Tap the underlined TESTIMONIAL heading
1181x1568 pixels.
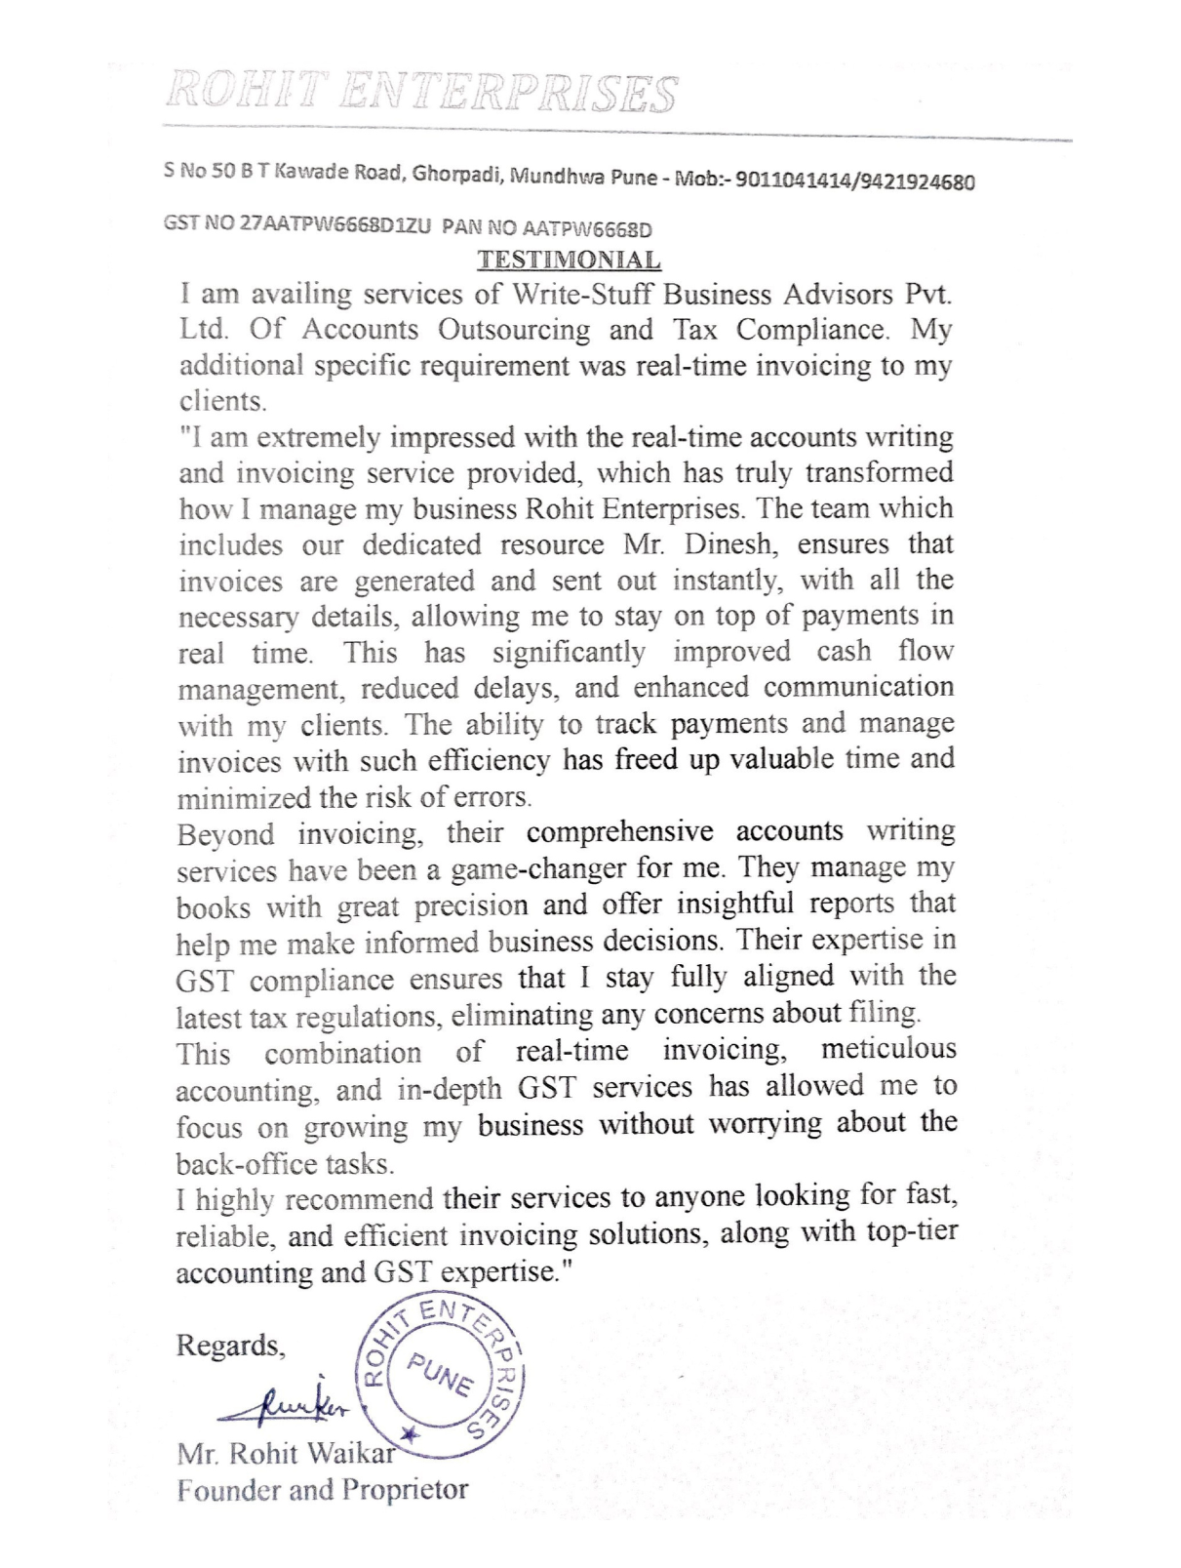(569, 261)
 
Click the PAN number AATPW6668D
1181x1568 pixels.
(587, 229)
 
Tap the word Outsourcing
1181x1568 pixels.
(514, 330)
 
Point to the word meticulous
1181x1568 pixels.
(888, 1050)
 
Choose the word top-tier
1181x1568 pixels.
(912, 1231)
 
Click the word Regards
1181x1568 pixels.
(230, 1347)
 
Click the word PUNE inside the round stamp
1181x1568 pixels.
(441, 1375)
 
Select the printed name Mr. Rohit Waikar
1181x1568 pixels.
(286, 1454)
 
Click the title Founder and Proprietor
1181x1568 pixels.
(322, 1491)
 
